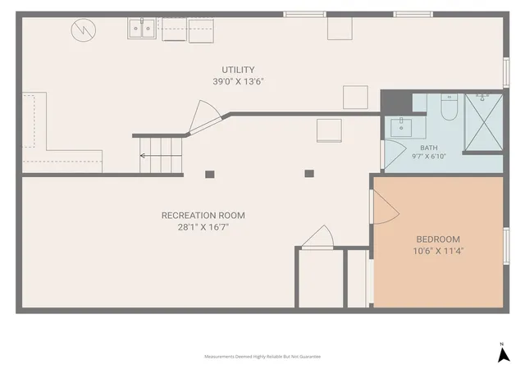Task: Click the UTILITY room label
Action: tap(238, 70)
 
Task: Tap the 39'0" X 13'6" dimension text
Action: tap(238, 81)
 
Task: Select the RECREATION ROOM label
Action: tap(203, 216)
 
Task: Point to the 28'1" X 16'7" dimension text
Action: tap(203, 227)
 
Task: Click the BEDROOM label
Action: tap(438, 239)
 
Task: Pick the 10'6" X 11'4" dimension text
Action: tap(438, 251)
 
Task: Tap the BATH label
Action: tap(429, 148)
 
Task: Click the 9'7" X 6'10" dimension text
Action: tap(429, 156)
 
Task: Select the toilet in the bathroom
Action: tap(450, 107)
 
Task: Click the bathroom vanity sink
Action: tap(401, 127)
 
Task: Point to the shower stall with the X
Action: tap(484, 122)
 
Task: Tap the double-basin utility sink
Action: tap(142, 28)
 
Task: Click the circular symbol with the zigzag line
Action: tap(84, 30)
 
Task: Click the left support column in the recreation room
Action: tap(210, 174)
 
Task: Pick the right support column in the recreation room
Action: tap(309, 174)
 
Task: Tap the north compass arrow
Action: tap(503, 354)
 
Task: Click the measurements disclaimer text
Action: tap(262, 357)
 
